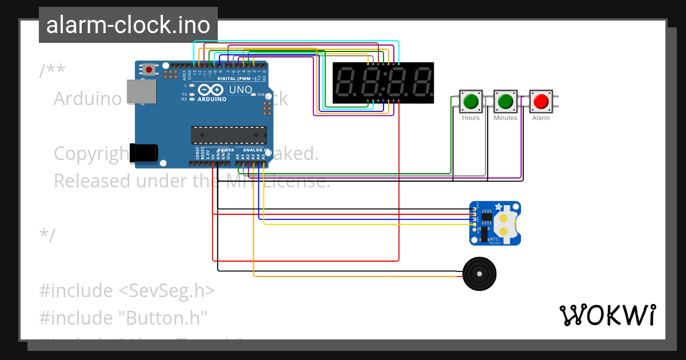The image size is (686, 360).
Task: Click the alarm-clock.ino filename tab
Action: (x=128, y=25)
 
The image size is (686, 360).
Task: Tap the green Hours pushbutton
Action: (x=470, y=102)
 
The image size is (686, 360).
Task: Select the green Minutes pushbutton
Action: (x=505, y=102)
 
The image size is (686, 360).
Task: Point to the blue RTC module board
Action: (x=494, y=223)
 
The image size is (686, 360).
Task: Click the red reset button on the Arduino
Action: (x=149, y=70)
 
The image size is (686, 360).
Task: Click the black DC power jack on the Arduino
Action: (x=143, y=153)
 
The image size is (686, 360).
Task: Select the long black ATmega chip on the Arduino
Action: (x=229, y=135)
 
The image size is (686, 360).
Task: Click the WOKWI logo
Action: (x=607, y=315)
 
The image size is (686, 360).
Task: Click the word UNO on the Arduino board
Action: (x=240, y=90)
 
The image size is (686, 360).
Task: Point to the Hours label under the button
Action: (x=470, y=118)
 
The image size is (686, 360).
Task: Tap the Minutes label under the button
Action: (x=505, y=118)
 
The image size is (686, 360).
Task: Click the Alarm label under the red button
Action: (x=541, y=118)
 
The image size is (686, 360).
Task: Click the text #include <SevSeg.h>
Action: (x=127, y=290)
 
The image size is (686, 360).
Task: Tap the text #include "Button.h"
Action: (x=122, y=317)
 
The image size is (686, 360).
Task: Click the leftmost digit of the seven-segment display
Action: (x=347, y=83)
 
